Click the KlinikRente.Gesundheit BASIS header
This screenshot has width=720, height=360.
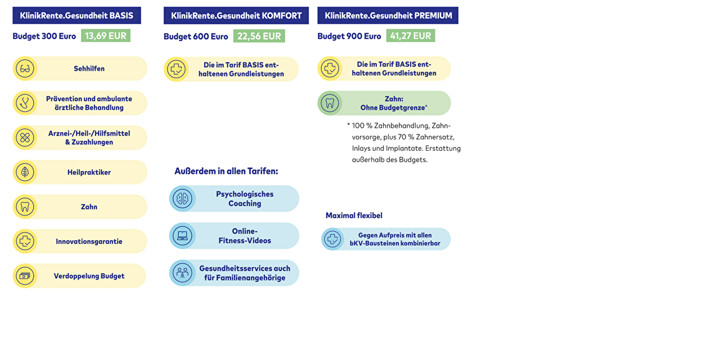76,16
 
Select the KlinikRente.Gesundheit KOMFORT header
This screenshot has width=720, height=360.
236,16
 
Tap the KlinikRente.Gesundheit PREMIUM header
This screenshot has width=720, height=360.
388,16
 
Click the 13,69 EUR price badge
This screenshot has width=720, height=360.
106,36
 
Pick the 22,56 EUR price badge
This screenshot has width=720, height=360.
259,36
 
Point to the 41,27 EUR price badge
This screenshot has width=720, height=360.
411,36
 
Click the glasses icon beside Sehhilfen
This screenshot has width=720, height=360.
25,69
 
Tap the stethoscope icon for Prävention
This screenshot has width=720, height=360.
25,103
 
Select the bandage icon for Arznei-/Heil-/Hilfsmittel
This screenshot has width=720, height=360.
25,137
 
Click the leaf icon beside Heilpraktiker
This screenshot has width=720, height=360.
25,172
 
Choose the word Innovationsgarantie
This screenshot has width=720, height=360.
89,241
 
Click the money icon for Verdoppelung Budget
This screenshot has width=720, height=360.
25,276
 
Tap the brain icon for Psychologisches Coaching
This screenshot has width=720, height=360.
182,199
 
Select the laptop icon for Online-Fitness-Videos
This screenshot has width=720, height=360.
182,236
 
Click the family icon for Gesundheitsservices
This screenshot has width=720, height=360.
182,273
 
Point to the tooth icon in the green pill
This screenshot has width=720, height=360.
330,103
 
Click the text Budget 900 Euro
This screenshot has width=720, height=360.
349,36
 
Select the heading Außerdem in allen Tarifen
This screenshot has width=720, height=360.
226,171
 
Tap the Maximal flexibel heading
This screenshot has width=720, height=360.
354,215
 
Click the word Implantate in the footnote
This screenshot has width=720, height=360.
404,148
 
